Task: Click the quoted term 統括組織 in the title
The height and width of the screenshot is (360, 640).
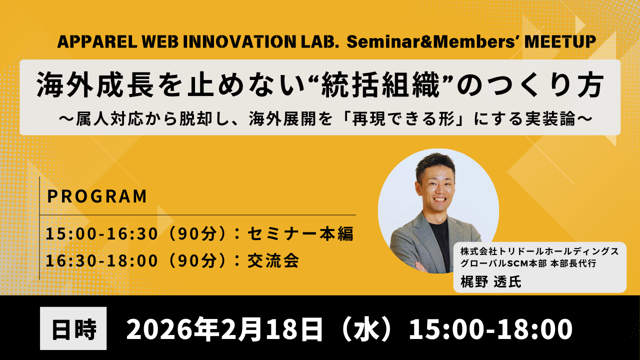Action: (380, 85)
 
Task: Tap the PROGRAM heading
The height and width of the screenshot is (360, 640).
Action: (97, 196)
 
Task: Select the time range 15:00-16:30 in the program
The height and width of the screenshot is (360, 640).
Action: (101, 233)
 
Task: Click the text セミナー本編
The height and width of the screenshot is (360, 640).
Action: (300, 233)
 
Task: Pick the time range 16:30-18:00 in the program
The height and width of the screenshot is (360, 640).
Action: (101, 261)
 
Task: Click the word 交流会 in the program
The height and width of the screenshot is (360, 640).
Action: (273, 261)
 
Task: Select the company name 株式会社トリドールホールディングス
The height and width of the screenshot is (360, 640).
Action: (539, 251)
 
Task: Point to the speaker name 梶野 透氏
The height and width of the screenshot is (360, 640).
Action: (491, 281)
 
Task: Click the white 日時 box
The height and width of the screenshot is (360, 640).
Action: (73, 328)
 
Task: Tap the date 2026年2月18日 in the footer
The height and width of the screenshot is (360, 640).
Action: (224, 329)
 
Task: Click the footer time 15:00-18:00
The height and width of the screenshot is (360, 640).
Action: (490, 329)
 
